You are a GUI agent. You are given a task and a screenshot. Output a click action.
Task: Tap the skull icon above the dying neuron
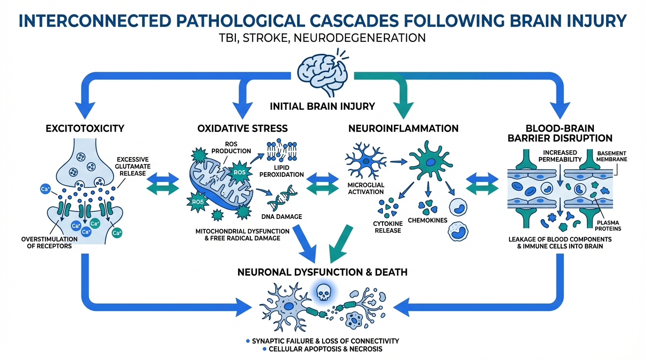pos(322,293)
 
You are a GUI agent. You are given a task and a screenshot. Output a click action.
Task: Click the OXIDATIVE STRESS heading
pos(242,128)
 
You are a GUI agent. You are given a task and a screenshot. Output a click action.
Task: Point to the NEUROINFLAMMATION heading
pos(404,128)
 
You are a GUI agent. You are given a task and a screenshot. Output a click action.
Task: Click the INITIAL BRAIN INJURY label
pos(322,106)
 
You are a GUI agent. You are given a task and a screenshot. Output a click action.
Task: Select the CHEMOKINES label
pos(428,220)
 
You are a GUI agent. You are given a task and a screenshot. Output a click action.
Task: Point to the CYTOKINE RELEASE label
pos(388,226)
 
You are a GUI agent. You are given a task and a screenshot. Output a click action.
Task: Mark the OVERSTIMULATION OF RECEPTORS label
pos(47,242)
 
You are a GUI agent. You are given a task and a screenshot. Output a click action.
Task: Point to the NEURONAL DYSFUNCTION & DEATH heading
pos(322,272)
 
